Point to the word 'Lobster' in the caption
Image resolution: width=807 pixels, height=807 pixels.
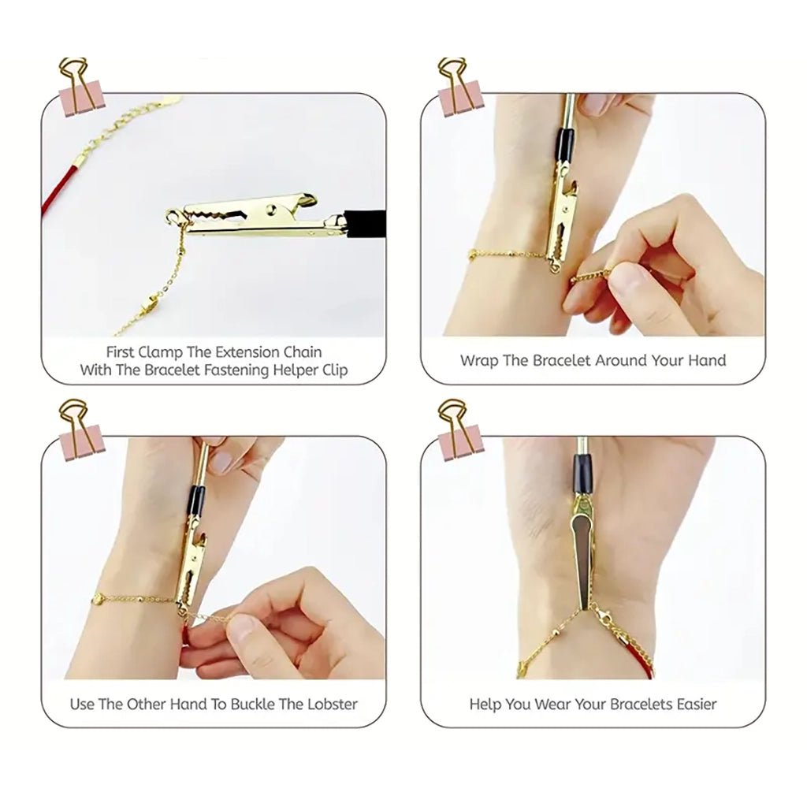[x=332, y=704]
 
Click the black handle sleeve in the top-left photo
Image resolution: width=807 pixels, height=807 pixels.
[x=364, y=223]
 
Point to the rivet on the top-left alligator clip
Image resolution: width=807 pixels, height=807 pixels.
[x=271, y=208]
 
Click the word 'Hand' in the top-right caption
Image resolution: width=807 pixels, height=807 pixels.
[x=707, y=361]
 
